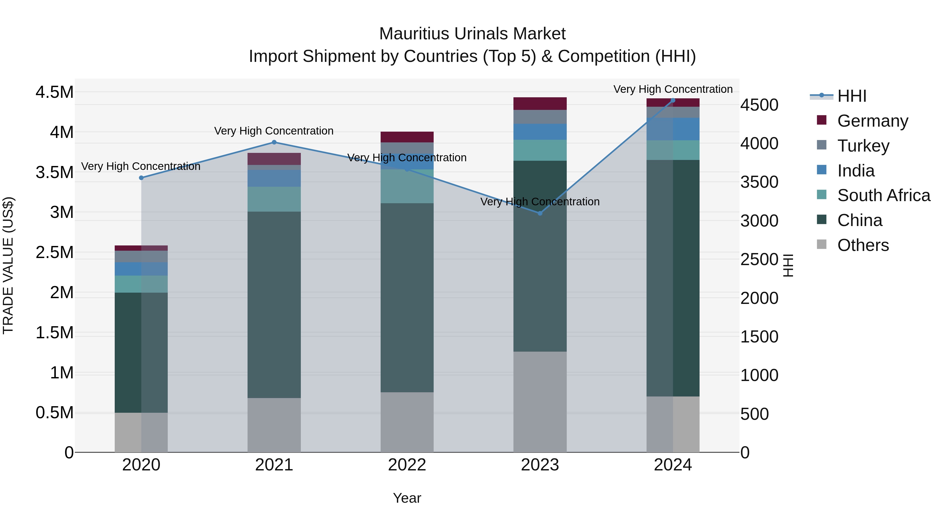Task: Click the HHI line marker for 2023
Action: [x=540, y=213]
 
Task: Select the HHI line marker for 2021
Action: [x=274, y=142]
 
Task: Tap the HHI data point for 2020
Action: [x=141, y=178]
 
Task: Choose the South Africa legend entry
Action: [x=883, y=195]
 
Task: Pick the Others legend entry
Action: [x=863, y=245]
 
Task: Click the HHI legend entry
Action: [x=852, y=96]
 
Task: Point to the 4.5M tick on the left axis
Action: [x=55, y=92]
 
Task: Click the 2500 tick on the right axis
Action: [x=759, y=259]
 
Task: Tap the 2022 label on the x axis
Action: [x=407, y=465]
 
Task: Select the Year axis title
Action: [x=407, y=498]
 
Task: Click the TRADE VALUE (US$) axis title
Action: [x=8, y=265]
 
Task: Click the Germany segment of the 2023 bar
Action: [x=540, y=104]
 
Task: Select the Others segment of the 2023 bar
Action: [x=540, y=402]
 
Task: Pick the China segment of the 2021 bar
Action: [x=274, y=304]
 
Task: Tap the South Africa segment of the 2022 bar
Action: [x=407, y=186]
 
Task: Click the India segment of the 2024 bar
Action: [x=673, y=129]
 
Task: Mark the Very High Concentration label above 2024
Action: [x=673, y=89]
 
